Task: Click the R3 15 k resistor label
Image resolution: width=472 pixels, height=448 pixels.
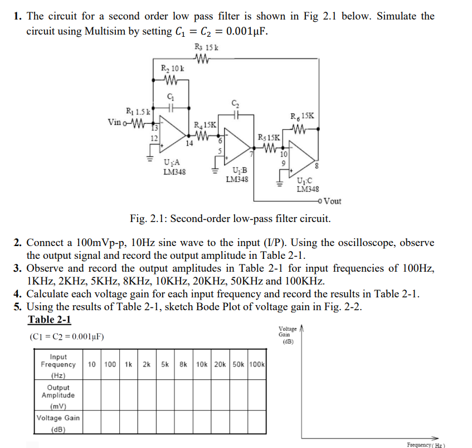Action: coord(206,47)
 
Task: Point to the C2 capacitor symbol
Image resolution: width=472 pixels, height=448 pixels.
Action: coord(236,114)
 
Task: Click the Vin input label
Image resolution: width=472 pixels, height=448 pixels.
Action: coord(115,122)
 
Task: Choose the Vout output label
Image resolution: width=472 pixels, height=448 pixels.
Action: coord(332,201)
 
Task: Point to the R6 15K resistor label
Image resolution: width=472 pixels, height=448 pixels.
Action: coord(303,117)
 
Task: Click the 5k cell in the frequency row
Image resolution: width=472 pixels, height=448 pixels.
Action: coord(166,364)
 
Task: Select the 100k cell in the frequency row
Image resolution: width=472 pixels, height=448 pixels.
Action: coord(257,364)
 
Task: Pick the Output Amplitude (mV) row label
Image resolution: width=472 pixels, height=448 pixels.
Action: coord(58,395)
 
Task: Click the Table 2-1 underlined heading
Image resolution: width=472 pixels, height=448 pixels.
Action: coord(49,320)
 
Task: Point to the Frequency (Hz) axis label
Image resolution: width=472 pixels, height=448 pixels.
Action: coord(426,445)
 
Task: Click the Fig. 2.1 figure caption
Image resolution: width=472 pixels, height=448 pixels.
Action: coord(230,218)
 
